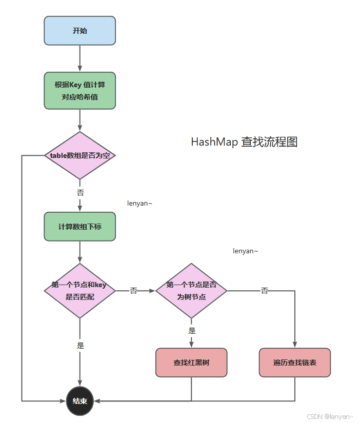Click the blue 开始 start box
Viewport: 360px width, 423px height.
coord(79,31)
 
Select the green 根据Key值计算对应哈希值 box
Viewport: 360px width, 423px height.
coord(79,90)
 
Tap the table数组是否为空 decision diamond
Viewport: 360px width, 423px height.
coord(80,155)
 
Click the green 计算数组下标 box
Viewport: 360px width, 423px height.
coord(79,226)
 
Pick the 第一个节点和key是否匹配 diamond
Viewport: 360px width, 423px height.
coord(80,291)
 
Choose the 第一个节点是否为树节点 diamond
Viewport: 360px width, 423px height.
coord(191,291)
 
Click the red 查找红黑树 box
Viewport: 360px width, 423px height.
coord(191,362)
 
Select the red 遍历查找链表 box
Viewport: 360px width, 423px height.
coord(295,362)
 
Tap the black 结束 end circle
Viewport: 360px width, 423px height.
coord(80,400)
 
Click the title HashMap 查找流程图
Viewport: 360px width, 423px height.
coord(244,142)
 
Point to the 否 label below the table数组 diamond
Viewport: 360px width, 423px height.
coord(80,193)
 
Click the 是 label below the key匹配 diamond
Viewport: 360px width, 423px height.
coord(80,346)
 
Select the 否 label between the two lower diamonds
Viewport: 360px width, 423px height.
coord(133,291)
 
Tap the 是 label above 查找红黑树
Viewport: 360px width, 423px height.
coord(192,331)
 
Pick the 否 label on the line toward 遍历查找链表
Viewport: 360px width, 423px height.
coord(265,291)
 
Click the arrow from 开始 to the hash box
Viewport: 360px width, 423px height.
coord(80,58)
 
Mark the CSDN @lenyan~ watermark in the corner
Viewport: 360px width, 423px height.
coord(330,417)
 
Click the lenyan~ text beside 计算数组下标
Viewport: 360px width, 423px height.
coord(140,204)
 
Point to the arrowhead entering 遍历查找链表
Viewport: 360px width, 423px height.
coord(295,345)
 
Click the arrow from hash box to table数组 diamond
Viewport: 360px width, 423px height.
coord(80,120)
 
